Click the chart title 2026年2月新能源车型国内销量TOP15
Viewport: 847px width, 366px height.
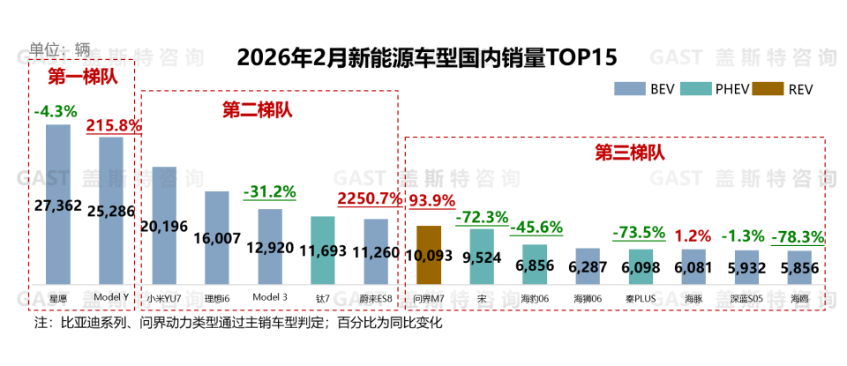426,58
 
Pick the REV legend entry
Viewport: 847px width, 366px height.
787,88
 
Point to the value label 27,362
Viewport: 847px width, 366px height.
57,206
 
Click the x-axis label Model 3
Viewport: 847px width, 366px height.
270,298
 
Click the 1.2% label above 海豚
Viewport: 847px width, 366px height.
693,235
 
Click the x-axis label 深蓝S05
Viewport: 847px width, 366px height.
746,299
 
